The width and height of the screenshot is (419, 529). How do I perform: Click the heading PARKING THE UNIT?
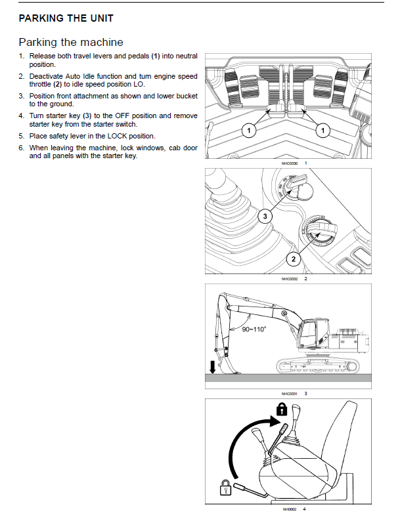pos(66,18)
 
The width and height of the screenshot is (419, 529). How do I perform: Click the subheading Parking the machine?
pos(71,42)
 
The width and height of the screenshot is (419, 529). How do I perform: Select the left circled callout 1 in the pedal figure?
pos(249,130)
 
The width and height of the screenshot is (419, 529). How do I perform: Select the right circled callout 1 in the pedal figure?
pos(322,130)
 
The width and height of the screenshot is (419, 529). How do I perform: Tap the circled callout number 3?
pos(265,216)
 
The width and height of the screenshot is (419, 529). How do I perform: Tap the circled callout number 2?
pos(293,259)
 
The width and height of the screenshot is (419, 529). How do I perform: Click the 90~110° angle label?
pos(254,329)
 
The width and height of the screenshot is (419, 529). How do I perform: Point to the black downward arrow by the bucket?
pos(212,367)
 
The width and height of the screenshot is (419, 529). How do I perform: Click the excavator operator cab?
pos(313,333)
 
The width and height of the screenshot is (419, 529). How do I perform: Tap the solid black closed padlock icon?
pos(282,410)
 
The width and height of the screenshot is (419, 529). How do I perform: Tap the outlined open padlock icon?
pos(225,488)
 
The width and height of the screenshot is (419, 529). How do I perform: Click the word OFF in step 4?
pos(122,116)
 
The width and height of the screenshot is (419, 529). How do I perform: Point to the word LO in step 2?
pos(139,85)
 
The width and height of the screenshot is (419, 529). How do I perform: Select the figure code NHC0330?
pos(290,163)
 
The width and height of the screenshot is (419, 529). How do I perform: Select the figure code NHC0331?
pos(290,394)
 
